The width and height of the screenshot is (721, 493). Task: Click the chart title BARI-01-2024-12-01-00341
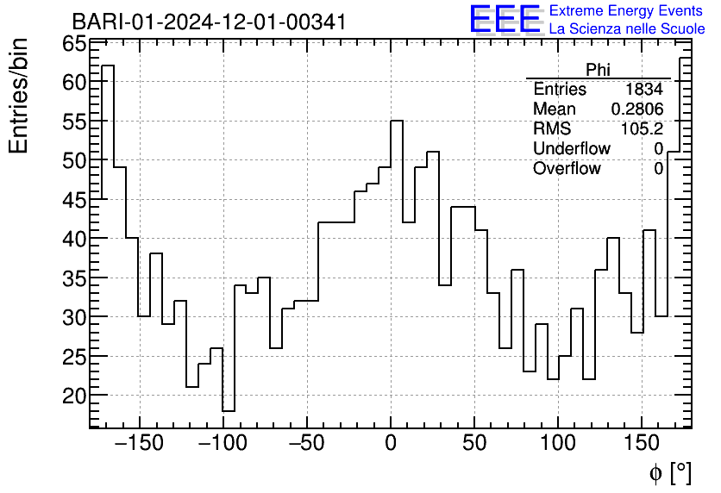209,22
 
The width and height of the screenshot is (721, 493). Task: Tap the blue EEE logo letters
505,20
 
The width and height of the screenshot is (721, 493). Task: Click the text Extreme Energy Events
626,11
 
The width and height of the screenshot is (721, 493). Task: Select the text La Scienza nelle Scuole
626,29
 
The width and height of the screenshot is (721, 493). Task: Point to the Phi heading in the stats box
598,70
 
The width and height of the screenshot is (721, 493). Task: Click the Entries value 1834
644,90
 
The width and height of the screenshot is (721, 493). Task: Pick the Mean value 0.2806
636,109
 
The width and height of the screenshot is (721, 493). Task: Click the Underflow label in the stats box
571,149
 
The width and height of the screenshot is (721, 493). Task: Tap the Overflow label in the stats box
567,169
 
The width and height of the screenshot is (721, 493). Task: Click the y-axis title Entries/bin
19,95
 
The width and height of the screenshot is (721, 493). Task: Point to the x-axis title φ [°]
669,472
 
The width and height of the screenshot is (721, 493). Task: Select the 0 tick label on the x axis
391,445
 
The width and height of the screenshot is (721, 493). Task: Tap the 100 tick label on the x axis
558,445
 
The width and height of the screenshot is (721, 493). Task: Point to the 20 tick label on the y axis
75,396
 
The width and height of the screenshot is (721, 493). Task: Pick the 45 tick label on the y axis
75,199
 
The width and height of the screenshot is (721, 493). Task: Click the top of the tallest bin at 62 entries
107,66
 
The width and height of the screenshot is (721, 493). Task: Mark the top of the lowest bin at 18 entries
228,410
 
